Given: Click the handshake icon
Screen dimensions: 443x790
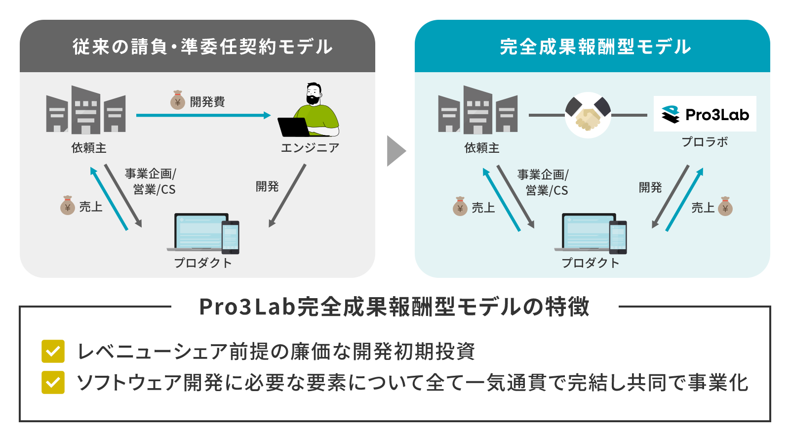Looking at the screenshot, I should click(588, 115).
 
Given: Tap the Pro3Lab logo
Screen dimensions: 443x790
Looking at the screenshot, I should click(705, 114).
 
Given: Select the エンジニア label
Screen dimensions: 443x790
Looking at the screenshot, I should click(310, 148).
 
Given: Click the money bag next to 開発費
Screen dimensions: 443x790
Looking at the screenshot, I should click(177, 100).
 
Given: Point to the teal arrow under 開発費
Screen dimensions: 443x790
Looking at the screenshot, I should click(203, 115).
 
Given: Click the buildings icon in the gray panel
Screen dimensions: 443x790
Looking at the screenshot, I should click(86, 110).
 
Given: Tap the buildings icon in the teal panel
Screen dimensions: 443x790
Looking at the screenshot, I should click(478, 110).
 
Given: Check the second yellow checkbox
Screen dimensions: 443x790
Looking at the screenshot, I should click(53, 382).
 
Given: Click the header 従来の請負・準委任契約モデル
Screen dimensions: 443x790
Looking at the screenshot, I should click(202, 47).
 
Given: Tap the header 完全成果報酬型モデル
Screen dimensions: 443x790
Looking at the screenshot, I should click(595, 47).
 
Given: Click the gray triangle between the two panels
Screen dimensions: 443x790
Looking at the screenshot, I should click(395, 151).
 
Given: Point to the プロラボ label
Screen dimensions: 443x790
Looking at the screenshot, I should click(705, 142).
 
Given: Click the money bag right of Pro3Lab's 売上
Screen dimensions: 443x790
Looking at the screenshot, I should click(725, 207).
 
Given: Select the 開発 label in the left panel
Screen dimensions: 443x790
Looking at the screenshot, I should click(267, 186).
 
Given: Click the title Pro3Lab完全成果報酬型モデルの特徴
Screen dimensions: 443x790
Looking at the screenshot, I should click(394, 307).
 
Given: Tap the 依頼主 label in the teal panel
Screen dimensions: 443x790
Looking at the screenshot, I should click(481, 148).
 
